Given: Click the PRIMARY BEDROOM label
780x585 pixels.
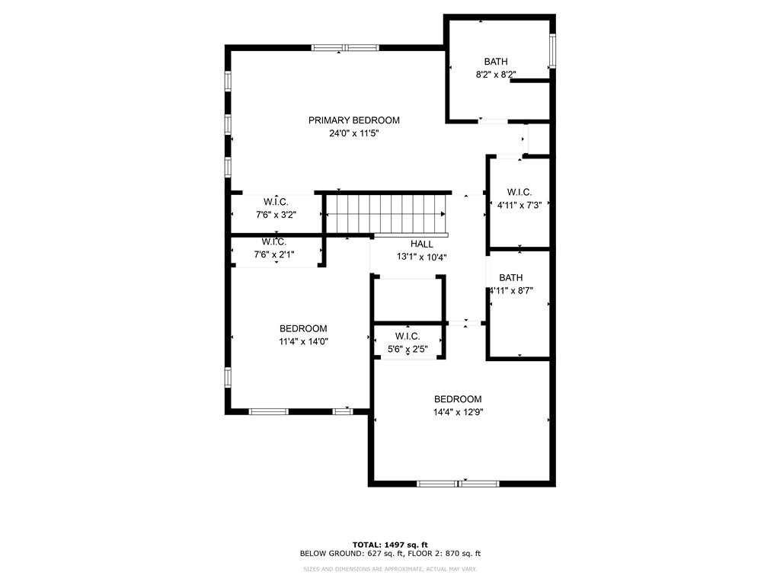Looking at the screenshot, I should click(353, 120).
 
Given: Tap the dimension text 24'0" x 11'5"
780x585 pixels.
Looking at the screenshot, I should click(353, 133).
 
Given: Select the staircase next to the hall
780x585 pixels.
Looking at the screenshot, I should click(385, 213).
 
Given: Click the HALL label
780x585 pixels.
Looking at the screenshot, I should click(421, 244).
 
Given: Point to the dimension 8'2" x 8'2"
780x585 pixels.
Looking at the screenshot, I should click(495, 75).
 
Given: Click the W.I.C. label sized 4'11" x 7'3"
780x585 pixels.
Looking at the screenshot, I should click(519, 192).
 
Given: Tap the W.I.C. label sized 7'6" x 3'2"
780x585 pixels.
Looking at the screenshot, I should click(276, 202).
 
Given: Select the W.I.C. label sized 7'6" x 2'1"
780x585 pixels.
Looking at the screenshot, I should click(273, 241).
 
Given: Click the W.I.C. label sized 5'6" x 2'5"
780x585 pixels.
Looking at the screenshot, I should click(408, 337).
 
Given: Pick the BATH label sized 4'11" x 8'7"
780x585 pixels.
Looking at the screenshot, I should click(511, 278).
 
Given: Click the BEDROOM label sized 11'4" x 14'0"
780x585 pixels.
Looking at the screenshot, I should click(303, 329).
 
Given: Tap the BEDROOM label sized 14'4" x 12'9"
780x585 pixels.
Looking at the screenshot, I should click(458, 399).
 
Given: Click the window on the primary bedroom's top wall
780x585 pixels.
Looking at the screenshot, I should click(345, 48).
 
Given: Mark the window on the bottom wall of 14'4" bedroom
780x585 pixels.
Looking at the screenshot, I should click(458, 483).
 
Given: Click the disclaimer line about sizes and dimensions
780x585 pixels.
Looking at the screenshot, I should click(389, 568).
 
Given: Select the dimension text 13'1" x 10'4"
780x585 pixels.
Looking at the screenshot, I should click(421, 257).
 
